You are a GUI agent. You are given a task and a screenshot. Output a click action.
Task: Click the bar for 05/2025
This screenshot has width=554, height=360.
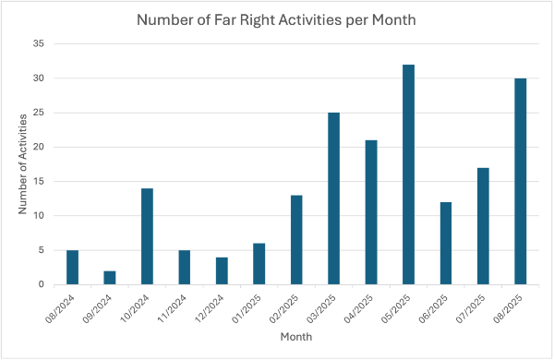pyautogui.click(x=408, y=174)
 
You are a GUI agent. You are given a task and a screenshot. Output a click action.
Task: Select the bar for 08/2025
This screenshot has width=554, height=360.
pyautogui.click(x=520, y=182)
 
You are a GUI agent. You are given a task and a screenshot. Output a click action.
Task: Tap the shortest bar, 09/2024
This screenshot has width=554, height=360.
pyautogui.click(x=110, y=278)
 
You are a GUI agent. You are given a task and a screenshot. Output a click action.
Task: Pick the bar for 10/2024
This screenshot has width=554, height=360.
pyautogui.click(x=147, y=236)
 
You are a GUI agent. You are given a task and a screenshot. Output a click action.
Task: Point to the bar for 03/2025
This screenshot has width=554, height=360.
pyautogui.click(x=333, y=198)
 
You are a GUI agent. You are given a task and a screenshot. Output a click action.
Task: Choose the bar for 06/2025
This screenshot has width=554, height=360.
pyautogui.click(x=445, y=244)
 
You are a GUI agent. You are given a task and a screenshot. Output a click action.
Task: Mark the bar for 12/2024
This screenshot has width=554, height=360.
pyautogui.click(x=222, y=271)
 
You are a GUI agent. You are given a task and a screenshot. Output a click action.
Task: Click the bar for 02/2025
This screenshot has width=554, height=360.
pyautogui.click(x=296, y=240)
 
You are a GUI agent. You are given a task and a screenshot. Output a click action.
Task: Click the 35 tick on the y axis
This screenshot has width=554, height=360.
pyautogui.click(x=38, y=44)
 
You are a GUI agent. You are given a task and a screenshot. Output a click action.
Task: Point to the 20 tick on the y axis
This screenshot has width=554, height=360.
pyautogui.click(x=38, y=148)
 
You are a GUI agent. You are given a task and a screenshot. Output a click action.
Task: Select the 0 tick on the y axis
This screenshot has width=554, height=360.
pyautogui.click(x=41, y=285)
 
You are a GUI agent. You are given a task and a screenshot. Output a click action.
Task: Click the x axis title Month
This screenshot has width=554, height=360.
pyautogui.click(x=296, y=338)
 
